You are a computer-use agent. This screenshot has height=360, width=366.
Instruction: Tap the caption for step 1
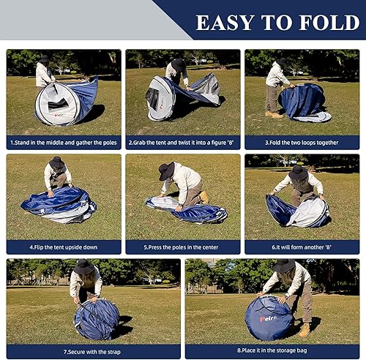tap(64, 142)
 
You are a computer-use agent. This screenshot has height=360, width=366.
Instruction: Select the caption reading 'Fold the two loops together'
tap(302, 142)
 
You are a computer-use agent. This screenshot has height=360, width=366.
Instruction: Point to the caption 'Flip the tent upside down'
tap(64, 247)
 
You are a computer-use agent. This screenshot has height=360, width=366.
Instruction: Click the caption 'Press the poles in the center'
tap(183, 247)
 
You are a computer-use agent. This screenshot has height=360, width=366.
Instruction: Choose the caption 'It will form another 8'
tap(302, 247)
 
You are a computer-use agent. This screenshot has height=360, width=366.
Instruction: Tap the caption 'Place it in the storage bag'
tap(272, 352)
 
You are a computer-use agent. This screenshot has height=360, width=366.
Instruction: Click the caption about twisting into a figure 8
tap(183, 142)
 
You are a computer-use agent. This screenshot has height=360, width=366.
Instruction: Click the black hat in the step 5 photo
tap(167, 170)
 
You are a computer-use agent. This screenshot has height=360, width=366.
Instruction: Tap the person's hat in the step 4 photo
tap(57, 162)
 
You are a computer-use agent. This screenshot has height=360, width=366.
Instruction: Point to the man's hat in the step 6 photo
tap(298, 173)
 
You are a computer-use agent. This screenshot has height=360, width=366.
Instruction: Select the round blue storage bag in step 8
tap(268, 318)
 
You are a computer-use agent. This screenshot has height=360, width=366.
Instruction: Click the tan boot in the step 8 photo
tap(305, 331)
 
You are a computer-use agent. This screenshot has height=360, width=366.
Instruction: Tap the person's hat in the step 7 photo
tap(84, 266)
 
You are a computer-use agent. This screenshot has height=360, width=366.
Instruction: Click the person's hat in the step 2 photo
tap(179, 64)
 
